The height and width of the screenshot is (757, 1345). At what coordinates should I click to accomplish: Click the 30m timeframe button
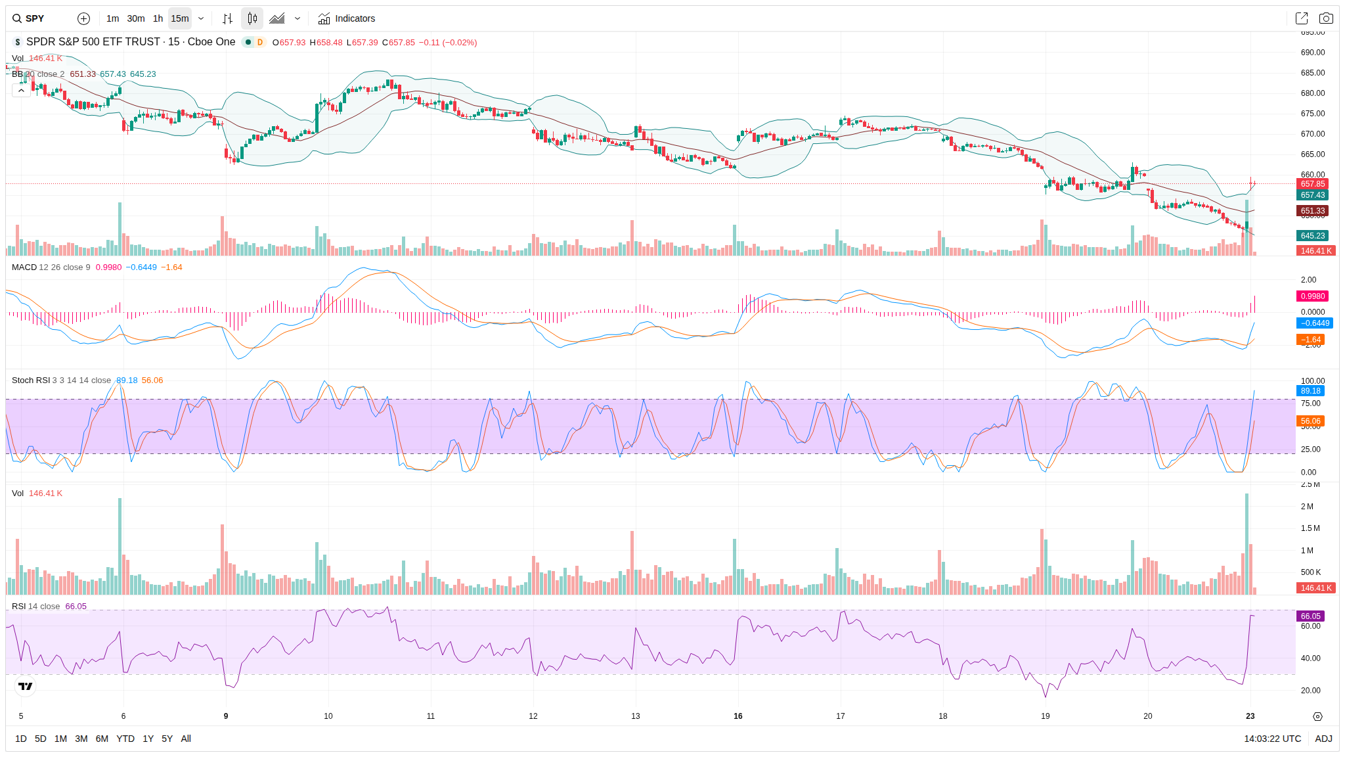(x=136, y=18)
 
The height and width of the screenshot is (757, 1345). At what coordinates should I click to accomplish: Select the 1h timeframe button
(x=158, y=18)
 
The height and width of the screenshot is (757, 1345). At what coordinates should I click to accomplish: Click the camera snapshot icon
(x=1326, y=18)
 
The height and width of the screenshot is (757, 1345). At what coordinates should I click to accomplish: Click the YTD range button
(x=125, y=739)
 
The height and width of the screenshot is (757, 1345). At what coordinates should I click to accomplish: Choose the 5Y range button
(x=167, y=739)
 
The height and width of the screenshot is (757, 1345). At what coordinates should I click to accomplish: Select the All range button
(x=186, y=739)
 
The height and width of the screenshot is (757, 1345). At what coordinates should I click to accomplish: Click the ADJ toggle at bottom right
(x=1323, y=739)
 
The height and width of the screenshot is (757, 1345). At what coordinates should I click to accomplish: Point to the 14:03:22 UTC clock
(x=1272, y=739)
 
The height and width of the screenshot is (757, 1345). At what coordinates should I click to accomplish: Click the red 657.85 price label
(x=1312, y=184)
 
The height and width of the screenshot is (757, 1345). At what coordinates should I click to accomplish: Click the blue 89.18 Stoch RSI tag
(x=1310, y=391)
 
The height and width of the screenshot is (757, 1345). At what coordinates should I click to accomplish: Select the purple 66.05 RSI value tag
(x=1310, y=616)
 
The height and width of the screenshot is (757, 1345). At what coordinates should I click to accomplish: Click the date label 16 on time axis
(x=738, y=716)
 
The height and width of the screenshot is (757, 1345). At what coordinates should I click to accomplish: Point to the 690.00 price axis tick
(x=1312, y=53)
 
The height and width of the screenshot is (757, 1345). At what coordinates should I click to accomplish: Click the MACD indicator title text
(x=24, y=267)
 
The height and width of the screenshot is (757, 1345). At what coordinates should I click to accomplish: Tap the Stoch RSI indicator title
(x=31, y=380)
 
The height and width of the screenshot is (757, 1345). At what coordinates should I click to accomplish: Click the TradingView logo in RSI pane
(x=25, y=686)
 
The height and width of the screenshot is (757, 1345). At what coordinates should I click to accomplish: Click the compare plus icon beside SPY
(x=83, y=18)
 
